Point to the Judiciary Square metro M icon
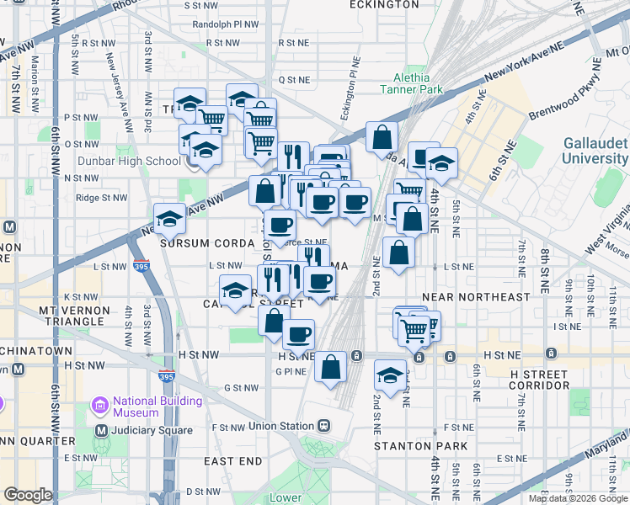click(x=102, y=430)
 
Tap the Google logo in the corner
click(x=29, y=495)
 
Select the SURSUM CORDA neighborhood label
click(x=202, y=243)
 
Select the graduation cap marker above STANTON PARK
click(x=390, y=375)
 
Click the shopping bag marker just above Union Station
click(x=331, y=366)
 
